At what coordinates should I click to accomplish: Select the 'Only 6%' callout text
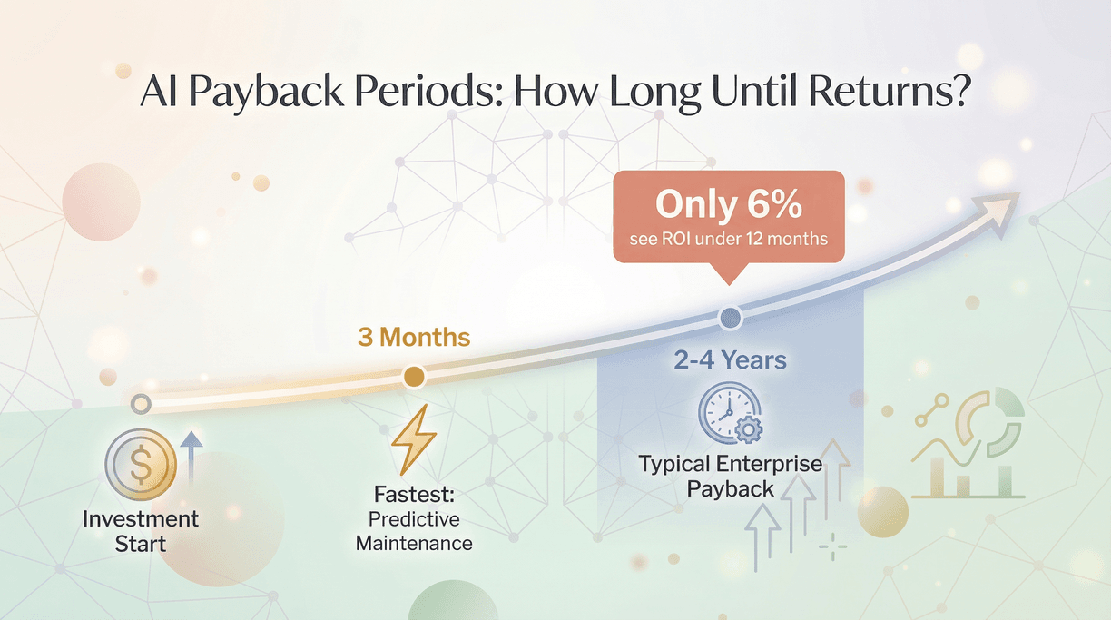point(729,204)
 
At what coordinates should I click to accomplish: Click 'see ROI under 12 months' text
point(729,241)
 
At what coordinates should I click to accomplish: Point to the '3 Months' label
point(413,339)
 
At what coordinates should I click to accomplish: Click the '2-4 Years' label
point(730,360)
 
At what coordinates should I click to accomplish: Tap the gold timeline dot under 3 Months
point(413,376)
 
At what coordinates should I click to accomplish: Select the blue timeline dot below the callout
point(730,319)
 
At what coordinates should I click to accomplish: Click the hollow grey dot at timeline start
point(140,403)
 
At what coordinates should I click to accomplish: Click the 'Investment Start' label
point(141,532)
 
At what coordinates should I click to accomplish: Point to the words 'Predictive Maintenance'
point(414,532)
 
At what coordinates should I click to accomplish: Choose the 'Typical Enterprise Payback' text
point(730,477)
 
